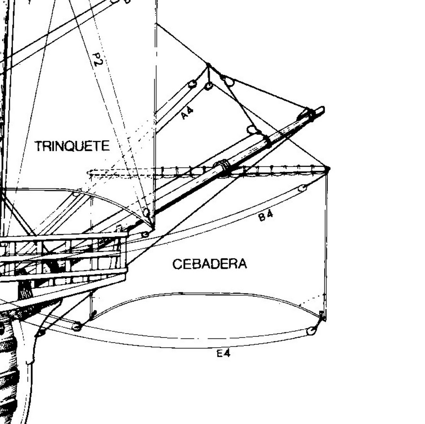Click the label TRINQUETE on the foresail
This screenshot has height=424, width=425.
pos(72,146)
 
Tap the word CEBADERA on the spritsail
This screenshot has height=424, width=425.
pos(210,264)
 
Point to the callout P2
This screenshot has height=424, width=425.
pos(97,60)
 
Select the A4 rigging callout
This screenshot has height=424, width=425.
pos(187,113)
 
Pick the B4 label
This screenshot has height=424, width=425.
pos(266,215)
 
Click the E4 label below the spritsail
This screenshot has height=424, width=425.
pos(223,353)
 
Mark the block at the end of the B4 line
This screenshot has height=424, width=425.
pos(302,188)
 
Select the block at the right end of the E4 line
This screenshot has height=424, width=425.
pos(311,331)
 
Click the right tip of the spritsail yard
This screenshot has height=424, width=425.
pos(328,169)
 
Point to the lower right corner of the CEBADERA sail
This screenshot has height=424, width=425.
pos(323,316)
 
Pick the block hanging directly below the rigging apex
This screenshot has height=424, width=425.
pos(209,86)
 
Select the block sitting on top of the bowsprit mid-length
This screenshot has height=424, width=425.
pos(252,130)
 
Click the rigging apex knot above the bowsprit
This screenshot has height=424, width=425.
pos(208,65)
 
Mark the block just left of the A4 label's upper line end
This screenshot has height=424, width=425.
pos(192,84)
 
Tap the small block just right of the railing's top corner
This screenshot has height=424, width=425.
pos(145,235)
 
